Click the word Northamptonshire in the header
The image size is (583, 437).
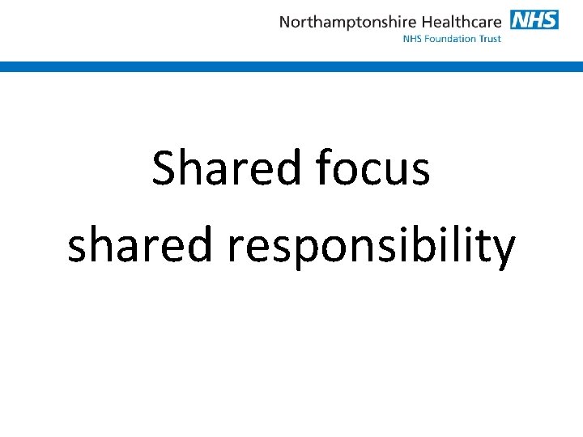click(x=348, y=22)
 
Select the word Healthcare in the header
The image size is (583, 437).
click(x=462, y=22)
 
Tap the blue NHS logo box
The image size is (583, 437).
click(x=534, y=19)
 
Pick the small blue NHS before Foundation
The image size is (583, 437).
click(x=413, y=39)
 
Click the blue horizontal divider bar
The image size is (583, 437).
click(x=291, y=67)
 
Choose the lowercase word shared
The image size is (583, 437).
click(x=140, y=245)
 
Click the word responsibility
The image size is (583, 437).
click(x=371, y=247)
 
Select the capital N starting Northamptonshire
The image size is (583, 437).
click(x=285, y=22)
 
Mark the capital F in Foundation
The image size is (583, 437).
click(x=428, y=39)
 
